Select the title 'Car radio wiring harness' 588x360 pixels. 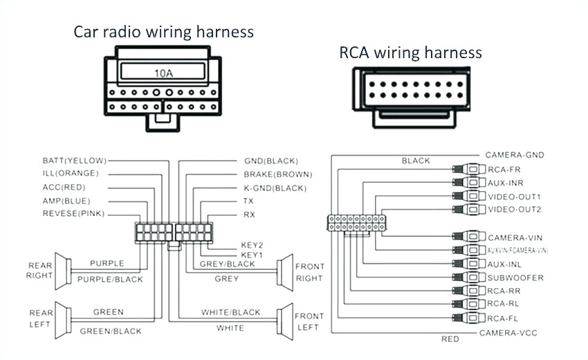(x=163, y=32)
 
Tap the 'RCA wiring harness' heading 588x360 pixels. (x=410, y=53)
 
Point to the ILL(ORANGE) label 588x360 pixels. (x=71, y=174)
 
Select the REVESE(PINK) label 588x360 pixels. (x=73, y=214)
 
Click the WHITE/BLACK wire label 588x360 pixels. (x=230, y=312)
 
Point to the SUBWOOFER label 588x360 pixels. (x=515, y=278)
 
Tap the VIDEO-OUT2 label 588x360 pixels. (x=514, y=209)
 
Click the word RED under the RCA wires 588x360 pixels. (x=450, y=339)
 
